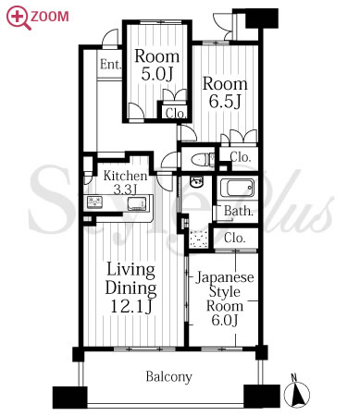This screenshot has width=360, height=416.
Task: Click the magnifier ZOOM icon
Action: [x=37, y=18]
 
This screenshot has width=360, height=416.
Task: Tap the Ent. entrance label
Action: [x=110, y=65]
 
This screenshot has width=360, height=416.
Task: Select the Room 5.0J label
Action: [x=157, y=65]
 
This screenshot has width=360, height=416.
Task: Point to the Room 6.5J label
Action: [x=225, y=92]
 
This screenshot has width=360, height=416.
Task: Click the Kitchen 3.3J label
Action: [x=125, y=182]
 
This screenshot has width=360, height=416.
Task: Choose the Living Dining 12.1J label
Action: [x=130, y=288]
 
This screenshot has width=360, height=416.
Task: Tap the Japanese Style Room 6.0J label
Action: [x=225, y=299]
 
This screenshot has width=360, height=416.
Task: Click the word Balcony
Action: [x=168, y=376]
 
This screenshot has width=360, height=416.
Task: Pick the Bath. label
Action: [x=239, y=211]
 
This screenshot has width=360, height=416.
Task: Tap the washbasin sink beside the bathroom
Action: [x=196, y=182]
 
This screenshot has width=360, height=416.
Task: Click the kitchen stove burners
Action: [x=94, y=202]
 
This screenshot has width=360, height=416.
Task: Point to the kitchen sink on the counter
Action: [x=136, y=203]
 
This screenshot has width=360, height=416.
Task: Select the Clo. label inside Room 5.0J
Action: [x=176, y=114]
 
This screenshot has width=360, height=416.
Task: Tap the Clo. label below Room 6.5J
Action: [x=240, y=157]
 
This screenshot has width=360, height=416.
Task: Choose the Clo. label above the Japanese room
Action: [x=235, y=239]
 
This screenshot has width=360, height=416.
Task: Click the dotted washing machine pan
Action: [x=198, y=239]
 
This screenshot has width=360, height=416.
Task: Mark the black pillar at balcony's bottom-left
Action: [x=70, y=398]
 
